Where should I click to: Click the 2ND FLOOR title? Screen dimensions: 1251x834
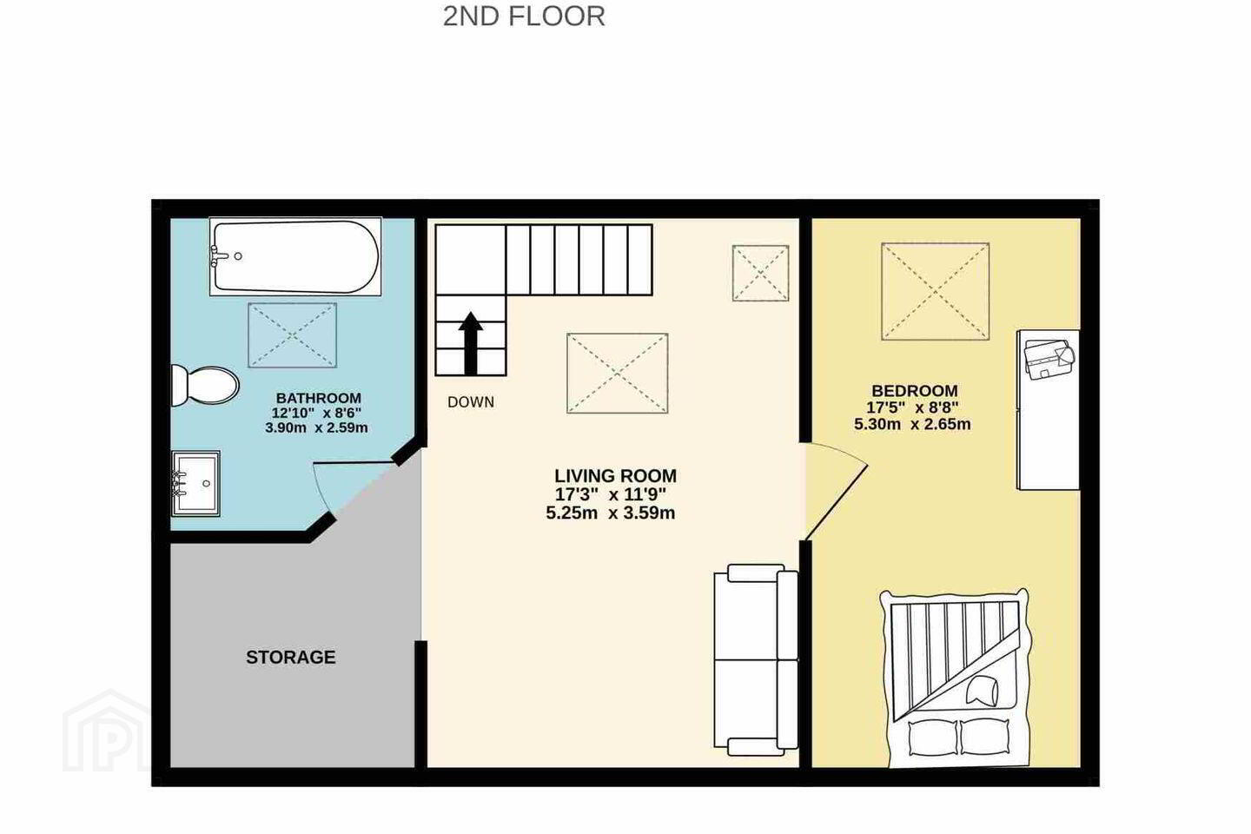(x=524, y=17)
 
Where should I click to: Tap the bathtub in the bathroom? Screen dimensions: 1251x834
(x=295, y=256)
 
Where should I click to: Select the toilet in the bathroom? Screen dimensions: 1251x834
(x=205, y=386)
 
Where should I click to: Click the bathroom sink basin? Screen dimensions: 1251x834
(x=196, y=483)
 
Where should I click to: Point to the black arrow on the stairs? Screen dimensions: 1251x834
(x=471, y=343)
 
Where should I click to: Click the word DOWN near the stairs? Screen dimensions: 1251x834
(x=471, y=402)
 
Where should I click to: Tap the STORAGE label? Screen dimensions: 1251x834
(x=291, y=657)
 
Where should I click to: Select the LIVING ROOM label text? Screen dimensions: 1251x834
(x=615, y=476)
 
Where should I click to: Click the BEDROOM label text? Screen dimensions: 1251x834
(x=915, y=390)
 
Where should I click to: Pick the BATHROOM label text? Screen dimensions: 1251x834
(x=318, y=398)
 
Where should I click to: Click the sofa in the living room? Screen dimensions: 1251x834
(x=756, y=659)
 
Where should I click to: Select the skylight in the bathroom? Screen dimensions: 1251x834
(x=292, y=335)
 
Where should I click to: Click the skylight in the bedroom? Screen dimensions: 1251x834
(x=936, y=291)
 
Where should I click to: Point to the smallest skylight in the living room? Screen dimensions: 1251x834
(x=761, y=273)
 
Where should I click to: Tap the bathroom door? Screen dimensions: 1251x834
(x=353, y=463)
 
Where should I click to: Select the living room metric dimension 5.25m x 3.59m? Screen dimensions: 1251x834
(x=611, y=513)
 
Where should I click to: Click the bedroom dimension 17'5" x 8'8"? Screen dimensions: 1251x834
(x=912, y=407)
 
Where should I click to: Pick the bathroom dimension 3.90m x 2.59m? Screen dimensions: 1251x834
(x=316, y=428)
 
